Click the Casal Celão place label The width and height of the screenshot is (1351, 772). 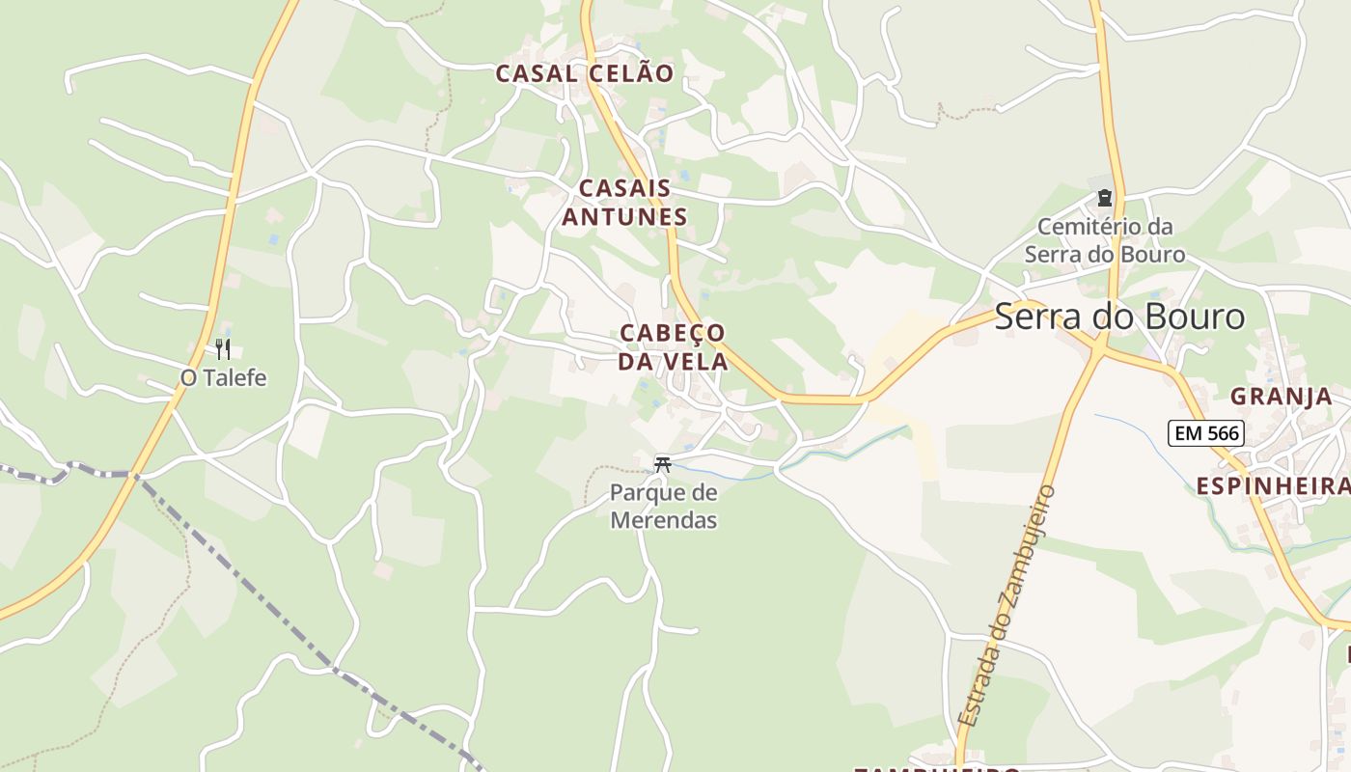pos(585,73)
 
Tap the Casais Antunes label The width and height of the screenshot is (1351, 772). pos(624,203)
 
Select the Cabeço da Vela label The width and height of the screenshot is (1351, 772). pos(673,347)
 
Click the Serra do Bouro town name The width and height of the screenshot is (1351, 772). pos(1119,317)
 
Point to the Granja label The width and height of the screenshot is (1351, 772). pos(1281,397)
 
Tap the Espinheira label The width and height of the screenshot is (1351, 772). pos(1273,486)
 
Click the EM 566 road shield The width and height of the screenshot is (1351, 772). pos(1206,433)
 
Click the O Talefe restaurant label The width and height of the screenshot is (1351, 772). pos(223,377)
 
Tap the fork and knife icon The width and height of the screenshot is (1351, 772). pos(223,348)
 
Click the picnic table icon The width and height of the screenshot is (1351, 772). pos(662,464)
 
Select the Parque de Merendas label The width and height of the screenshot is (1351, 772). pos(664,507)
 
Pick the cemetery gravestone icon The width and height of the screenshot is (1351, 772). pos(1104,198)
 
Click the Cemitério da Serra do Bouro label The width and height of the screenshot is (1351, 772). pos(1105,240)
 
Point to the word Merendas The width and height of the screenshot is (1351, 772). pos(664,520)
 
